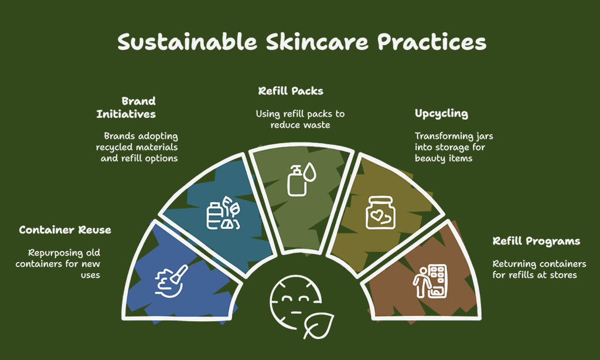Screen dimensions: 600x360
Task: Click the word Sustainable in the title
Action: pos(187,42)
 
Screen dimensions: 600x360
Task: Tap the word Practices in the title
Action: pos(432,42)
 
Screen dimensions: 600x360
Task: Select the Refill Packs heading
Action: pos(291,91)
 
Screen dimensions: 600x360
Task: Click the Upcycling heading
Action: pos(441,114)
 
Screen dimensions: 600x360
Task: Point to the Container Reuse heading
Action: pos(65,230)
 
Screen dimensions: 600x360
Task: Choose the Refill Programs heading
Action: pos(536,242)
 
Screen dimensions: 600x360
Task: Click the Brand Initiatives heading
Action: pos(127,108)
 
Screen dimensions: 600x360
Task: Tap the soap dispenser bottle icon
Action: pos(296,181)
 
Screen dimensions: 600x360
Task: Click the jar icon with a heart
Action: pos(380,213)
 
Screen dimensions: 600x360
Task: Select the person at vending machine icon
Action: pos(430,281)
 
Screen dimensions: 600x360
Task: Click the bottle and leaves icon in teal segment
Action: pos(223,213)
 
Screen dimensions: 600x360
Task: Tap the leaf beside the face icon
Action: pos(318,325)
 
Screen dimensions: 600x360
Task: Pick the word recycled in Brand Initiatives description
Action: pos(113,147)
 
